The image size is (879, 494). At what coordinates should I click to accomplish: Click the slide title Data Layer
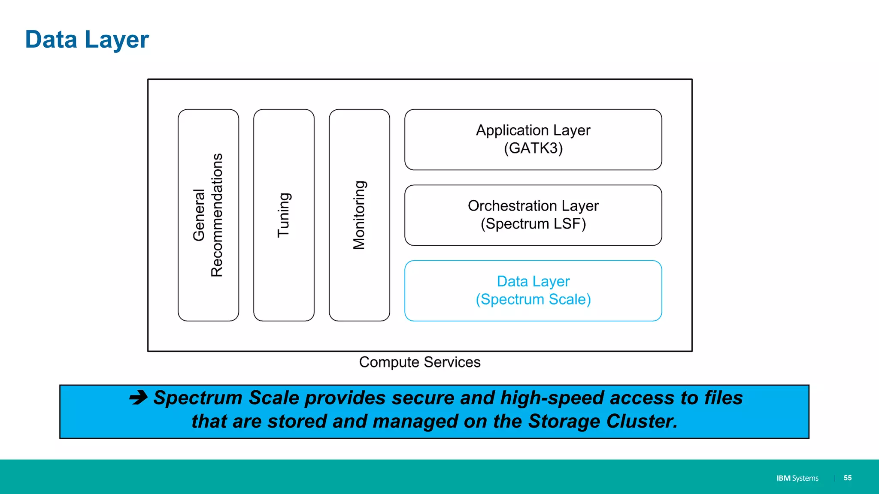point(87,39)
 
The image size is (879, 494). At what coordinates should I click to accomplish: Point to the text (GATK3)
point(533,148)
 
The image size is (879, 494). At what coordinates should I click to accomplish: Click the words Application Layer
point(533,130)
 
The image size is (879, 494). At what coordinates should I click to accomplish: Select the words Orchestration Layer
point(533,206)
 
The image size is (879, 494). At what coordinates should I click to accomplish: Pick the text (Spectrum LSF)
point(533,224)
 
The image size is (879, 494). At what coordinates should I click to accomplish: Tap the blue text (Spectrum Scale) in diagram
point(533,299)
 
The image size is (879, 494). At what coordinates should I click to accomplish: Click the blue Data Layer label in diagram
point(533,281)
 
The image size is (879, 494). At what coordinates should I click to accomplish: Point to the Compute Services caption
point(419,362)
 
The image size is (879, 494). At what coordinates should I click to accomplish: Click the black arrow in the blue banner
point(138,398)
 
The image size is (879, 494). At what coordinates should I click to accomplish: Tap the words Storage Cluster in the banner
point(603,421)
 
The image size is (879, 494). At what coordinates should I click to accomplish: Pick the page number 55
point(847,478)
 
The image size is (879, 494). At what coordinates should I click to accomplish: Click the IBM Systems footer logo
point(797,478)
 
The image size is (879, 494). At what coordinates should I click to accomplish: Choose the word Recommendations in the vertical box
point(217,215)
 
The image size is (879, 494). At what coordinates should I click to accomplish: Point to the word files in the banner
point(723,398)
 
